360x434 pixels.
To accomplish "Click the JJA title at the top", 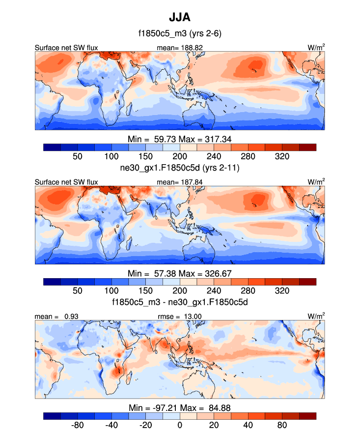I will click(179, 18).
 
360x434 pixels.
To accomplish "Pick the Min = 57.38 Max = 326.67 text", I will click(180, 273).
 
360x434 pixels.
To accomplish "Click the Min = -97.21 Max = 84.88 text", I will click(180, 407).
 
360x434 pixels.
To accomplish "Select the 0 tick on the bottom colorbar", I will click(180, 425).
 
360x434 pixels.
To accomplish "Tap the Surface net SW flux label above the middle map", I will click(66, 182).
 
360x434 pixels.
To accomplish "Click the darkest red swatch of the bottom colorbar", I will click(307, 416).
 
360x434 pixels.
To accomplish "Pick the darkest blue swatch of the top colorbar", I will click(52, 146).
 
